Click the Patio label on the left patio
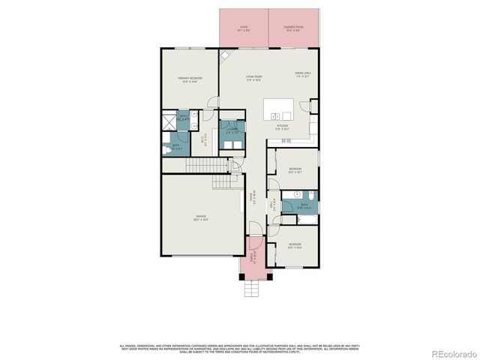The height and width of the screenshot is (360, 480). tap(243, 30)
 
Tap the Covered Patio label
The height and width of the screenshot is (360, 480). tap(292, 30)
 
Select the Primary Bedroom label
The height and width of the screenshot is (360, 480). tap(188, 80)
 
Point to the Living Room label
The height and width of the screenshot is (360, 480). tap(253, 77)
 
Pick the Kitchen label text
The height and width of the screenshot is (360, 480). tap(282, 127)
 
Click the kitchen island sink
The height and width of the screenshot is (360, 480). tap(279, 115)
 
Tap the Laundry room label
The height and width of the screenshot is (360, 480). tap(232, 132)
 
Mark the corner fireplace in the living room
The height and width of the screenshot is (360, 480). tap(223, 55)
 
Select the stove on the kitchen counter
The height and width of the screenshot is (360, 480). tap(286, 140)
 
